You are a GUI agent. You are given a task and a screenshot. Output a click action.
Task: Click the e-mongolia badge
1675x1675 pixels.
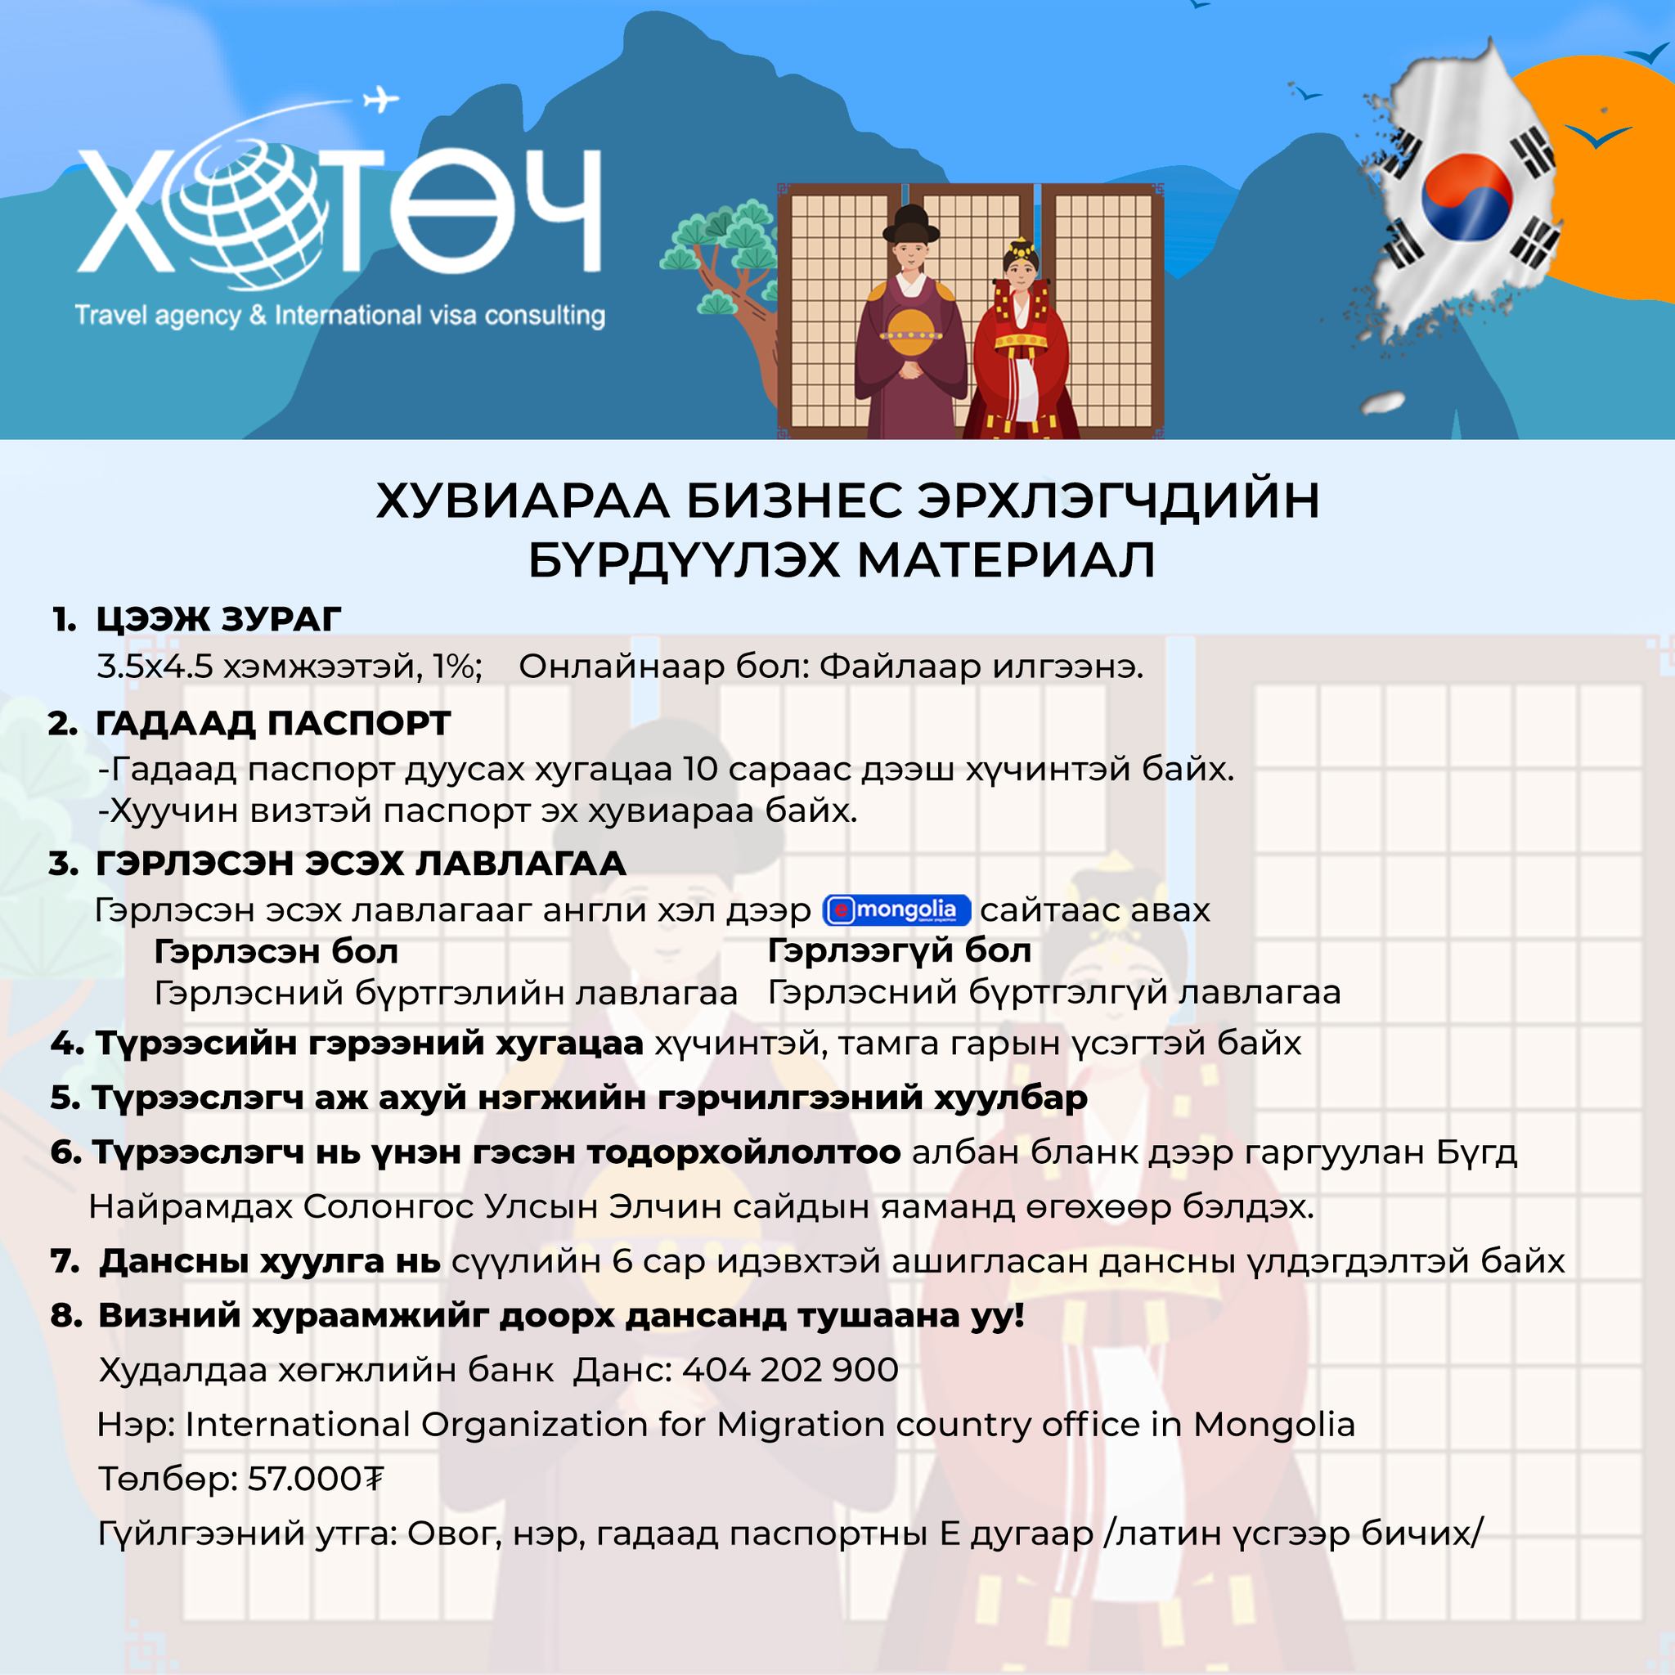pos(896,909)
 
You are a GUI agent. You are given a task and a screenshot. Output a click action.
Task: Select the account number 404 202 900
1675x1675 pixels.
pos(790,1370)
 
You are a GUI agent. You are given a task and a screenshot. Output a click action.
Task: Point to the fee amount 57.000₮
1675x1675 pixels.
pos(315,1478)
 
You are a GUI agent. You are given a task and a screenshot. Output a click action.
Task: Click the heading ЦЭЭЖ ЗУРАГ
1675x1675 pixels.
pos(218,619)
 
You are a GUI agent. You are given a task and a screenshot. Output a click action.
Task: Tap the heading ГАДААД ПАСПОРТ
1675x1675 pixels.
pos(273,723)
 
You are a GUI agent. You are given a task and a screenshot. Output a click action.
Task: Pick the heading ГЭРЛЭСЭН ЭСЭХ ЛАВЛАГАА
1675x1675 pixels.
pos(361,864)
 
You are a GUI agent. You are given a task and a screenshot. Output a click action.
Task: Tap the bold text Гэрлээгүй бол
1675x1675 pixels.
pos(899,951)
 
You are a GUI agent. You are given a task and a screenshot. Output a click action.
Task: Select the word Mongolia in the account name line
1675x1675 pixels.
pos(1273,1425)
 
